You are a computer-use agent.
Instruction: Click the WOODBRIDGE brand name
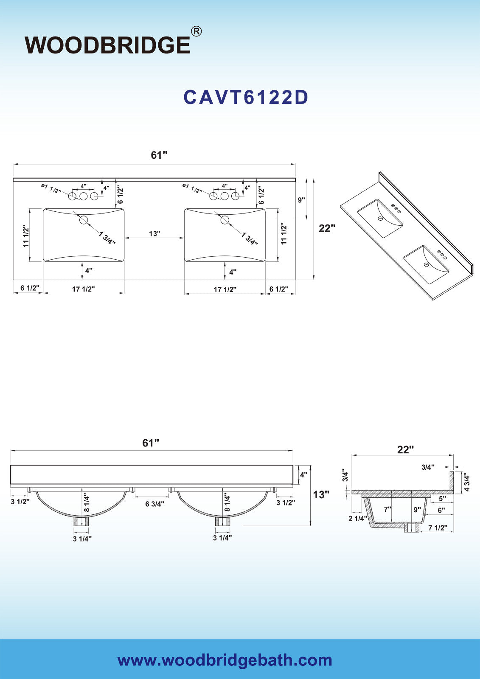pos(107,45)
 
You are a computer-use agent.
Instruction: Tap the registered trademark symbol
pos(196,31)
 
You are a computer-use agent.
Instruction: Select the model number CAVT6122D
pos(246,98)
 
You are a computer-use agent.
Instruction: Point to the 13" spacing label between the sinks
pos(154,233)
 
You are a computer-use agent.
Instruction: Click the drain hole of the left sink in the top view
pos(83,220)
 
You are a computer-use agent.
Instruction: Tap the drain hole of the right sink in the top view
pos(225,220)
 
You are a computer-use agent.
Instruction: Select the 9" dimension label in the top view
pos(301,200)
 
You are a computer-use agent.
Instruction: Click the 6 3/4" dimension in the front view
pos(154,504)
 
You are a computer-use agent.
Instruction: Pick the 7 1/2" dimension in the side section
pos(438,528)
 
